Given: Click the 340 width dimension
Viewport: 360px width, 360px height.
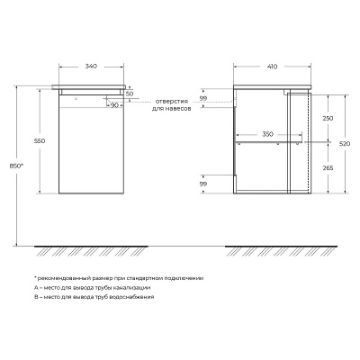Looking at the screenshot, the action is click(91, 67).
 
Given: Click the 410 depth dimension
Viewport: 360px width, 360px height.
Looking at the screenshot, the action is click(272, 67).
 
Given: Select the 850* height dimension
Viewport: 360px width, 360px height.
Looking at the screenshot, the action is click(16, 166).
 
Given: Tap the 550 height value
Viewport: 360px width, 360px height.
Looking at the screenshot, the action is click(40, 140).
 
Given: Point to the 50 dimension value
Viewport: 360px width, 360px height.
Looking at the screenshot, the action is click(130, 94).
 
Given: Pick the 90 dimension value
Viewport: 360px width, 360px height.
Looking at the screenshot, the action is click(114, 105).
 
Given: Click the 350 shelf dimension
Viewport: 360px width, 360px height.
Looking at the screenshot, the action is click(267, 134).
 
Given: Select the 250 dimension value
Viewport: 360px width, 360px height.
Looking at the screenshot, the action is click(328, 119).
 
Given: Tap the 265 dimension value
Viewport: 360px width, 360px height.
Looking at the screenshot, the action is click(328, 168).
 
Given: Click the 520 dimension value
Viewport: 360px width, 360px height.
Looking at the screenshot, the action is click(346, 144).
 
